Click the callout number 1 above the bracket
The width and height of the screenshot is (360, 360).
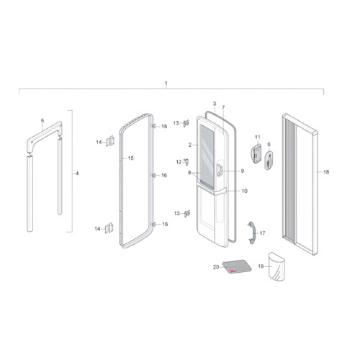pos(166,84)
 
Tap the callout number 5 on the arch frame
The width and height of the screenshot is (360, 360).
pos(42,121)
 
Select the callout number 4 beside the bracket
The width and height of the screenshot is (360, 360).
pos(77,174)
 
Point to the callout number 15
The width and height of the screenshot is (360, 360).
pos(131,158)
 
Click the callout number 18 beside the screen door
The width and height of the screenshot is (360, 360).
pos(326,172)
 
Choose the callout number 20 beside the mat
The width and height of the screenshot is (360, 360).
pos(216,267)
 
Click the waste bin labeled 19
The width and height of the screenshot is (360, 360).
pos(276,266)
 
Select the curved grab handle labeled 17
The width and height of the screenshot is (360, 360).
pos(251,233)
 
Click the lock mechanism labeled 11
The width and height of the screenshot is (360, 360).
pos(256,153)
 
